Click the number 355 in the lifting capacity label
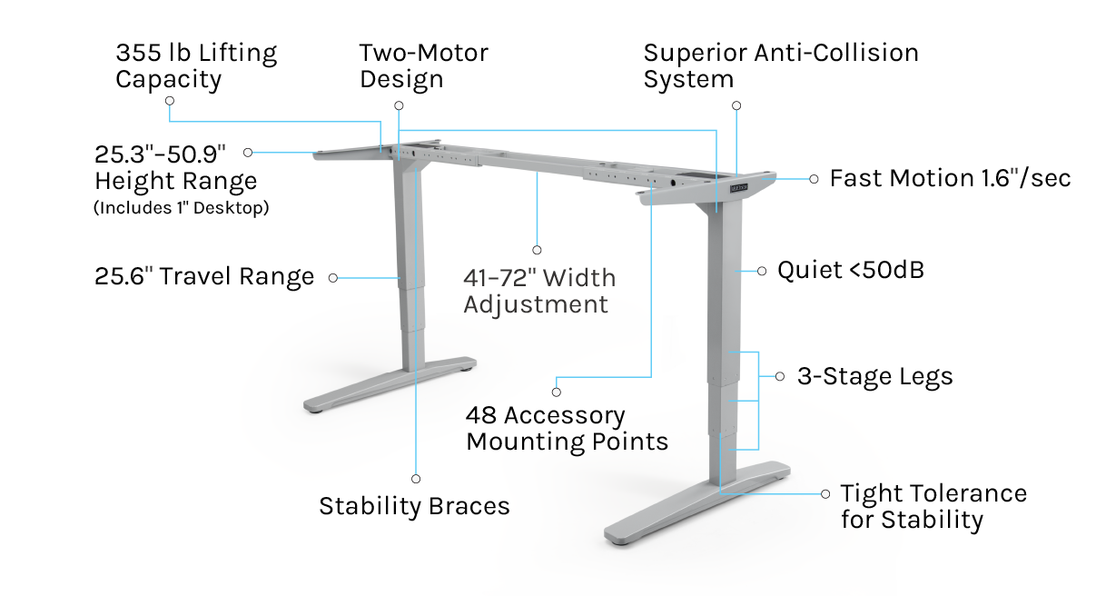[138, 53]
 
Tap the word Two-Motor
[424, 53]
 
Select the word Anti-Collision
[836, 53]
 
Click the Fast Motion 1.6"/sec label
[950, 178]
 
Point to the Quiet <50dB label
[850, 270]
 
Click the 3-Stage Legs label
[875, 376]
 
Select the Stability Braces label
[414, 506]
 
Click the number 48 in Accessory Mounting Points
[481, 415]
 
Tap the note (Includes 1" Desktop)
[182, 208]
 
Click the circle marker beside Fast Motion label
[814, 179]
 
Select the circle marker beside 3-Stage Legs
[780, 376]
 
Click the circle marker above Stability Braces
[416, 479]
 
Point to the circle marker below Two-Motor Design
[399, 105]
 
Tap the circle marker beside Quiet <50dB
[762, 272]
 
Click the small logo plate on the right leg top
[739, 188]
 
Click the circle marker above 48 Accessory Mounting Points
[557, 392]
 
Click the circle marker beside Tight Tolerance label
[825, 494]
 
